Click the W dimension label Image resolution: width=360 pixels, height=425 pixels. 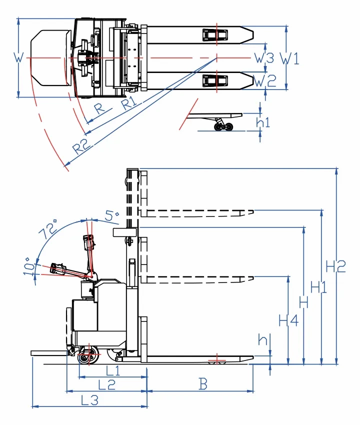[18, 57]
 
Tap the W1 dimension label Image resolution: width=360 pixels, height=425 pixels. [289, 58]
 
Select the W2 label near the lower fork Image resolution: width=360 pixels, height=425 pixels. [265, 81]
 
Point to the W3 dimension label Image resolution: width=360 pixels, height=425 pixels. [264, 57]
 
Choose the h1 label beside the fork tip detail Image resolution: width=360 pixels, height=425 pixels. [263, 122]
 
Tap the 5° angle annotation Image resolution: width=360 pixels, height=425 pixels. [111, 216]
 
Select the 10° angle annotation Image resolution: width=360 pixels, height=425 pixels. [29, 266]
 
